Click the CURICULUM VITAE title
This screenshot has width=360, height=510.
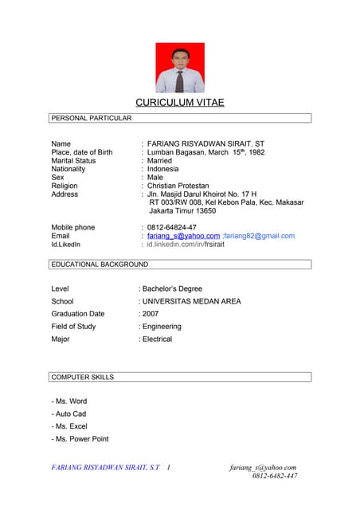click(179, 103)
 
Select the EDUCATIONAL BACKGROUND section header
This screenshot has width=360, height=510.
click(99, 264)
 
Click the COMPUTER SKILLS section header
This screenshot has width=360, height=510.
click(82, 377)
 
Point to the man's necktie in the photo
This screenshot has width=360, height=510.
click(179, 80)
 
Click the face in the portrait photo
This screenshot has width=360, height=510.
click(179, 58)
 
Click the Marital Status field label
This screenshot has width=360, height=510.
click(73, 161)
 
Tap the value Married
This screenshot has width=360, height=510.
click(159, 161)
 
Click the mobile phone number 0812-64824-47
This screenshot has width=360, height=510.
click(171, 228)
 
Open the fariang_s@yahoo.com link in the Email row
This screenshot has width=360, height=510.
click(183, 236)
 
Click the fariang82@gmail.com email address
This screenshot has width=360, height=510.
click(260, 236)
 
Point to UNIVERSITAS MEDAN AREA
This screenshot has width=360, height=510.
click(191, 301)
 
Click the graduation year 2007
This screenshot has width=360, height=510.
click(150, 314)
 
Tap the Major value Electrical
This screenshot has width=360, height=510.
click(157, 339)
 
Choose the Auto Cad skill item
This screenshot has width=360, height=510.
click(69, 414)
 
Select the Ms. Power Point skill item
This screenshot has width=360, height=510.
click(80, 439)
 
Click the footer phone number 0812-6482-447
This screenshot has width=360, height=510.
click(275, 476)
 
